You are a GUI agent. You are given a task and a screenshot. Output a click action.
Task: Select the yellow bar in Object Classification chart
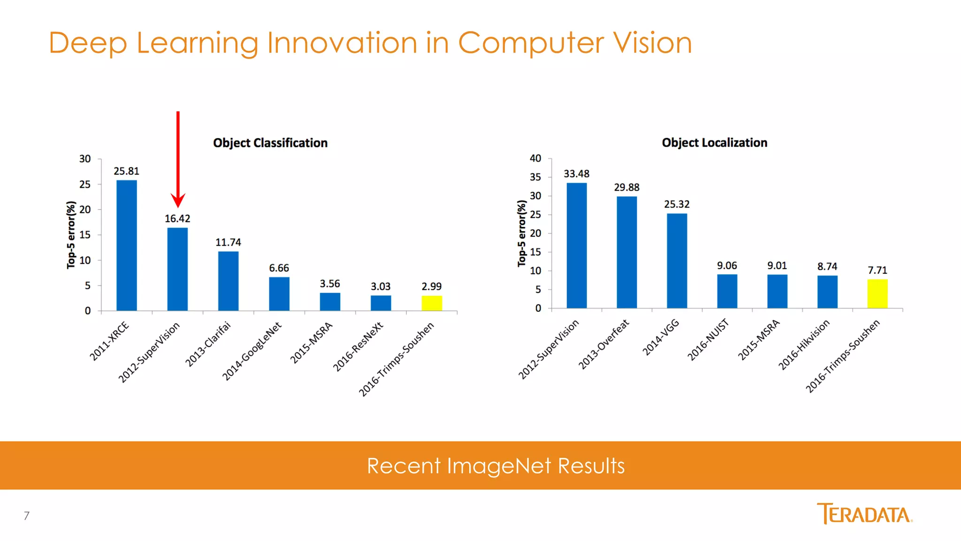click(x=432, y=303)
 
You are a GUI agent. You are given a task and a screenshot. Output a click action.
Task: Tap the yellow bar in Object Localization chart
click(x=877, y=294)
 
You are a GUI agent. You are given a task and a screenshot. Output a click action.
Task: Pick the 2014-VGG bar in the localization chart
click(x=677, y=261)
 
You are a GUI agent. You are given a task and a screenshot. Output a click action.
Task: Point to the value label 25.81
click(x=127, y=171)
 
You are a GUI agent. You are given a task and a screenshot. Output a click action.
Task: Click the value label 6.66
click(x=279, y=268)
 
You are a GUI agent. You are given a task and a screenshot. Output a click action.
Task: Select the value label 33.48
click(x=577, y=174)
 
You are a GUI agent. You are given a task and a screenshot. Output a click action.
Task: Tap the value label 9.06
click(x=727, y=266)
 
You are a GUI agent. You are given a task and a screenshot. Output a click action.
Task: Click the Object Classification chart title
click(x=270, y=143)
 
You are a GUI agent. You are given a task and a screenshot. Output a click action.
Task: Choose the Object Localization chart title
click(x=715, y=143)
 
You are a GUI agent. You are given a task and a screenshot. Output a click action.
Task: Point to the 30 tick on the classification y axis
click(x=85, y=159)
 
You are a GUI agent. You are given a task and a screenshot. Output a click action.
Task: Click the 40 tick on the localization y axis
click(x=535, y=159)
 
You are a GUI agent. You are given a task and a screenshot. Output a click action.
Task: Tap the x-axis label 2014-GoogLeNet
click(x=252, y=351)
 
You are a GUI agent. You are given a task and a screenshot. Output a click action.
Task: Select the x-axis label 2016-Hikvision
click(x=804, y=345)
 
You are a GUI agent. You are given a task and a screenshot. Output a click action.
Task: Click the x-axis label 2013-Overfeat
click(x=603, y=345)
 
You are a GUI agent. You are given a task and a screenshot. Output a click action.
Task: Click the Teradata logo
click(x=864, y=513)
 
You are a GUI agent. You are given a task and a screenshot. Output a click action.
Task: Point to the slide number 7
click(x=27, y=516)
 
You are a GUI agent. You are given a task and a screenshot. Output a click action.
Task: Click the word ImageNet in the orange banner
click(x=499, y=466)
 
